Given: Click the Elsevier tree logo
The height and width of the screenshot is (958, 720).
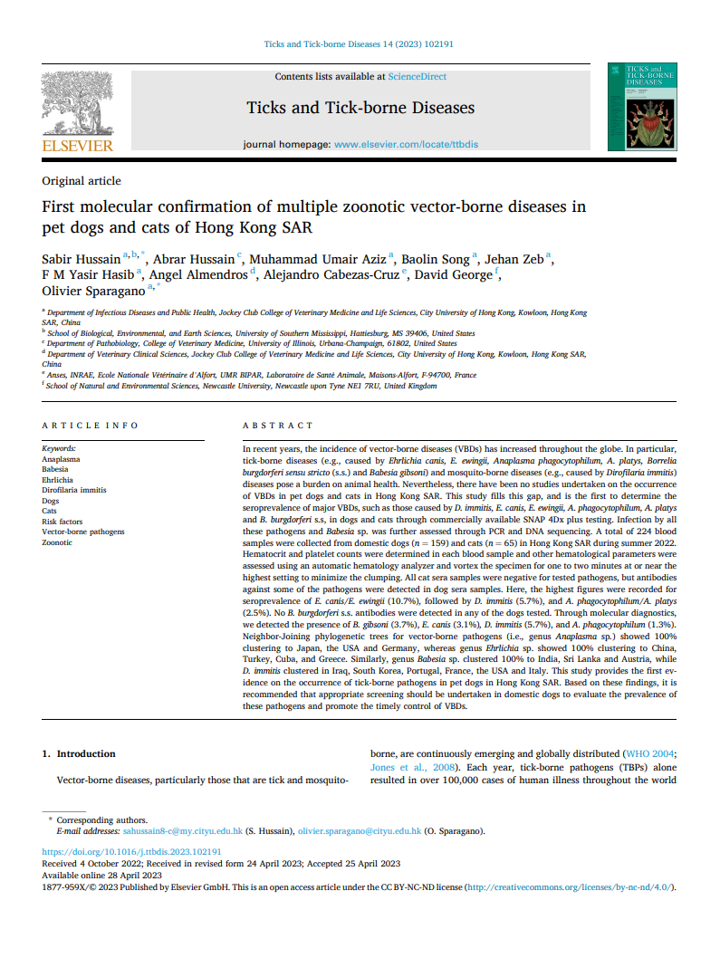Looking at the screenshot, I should [78, 108].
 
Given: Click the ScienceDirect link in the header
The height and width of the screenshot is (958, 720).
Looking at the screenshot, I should [417, 77].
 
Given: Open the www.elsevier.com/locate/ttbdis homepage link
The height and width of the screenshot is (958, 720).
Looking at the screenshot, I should [406, 145].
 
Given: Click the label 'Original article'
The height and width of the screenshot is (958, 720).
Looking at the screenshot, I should [82, 181].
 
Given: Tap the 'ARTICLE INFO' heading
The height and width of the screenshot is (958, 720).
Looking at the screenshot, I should [91, 425].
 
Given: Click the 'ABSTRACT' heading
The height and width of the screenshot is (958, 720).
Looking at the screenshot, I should [278, 425].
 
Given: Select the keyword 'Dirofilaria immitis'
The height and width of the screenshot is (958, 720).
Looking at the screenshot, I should [74, 490].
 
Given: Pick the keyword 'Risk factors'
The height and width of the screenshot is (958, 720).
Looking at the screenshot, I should [62, 522].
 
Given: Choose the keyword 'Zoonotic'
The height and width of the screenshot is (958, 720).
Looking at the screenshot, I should [59, 542].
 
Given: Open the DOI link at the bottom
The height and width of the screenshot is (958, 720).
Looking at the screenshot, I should [132, 852].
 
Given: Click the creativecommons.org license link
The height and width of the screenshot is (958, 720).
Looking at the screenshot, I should [569, 886].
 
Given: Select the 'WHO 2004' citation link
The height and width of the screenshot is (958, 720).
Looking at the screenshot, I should [649, 753].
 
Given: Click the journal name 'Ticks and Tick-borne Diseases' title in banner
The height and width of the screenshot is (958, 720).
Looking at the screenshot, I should [360, 108].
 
